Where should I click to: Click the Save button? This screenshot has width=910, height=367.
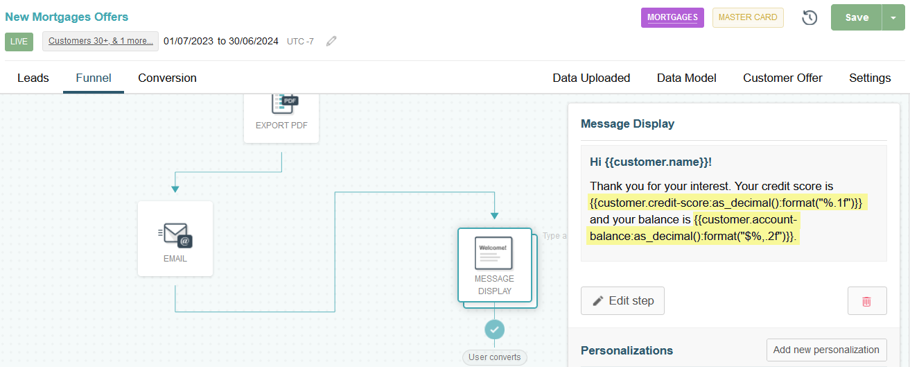click(x=857, y=17)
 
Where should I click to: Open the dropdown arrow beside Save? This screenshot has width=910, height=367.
click(x=893, y=17)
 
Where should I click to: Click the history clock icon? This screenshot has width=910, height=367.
click(x=810, y=17)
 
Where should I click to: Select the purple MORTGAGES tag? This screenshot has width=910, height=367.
click(x=672, y=17)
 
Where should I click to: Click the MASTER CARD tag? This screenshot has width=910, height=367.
click(x=748, y=17)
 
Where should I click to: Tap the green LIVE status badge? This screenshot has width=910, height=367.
click(x=19, y=42)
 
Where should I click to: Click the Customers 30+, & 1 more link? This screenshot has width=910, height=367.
click(x=100, y=41)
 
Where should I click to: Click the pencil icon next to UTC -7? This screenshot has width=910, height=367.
click(x=331, y=41)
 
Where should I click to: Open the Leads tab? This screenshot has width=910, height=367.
click(x=33, y=78)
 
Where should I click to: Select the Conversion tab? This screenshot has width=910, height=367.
click(x=167, y=78)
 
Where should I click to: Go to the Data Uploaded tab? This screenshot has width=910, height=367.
click(x=591, y=78)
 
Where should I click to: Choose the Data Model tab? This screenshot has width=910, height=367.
click(x=687, y=78)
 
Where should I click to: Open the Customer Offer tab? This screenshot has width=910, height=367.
click(x=782, y=78)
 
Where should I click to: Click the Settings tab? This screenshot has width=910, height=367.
click(x=870, y=78)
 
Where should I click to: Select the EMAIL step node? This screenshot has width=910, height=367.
click(x=175, y=239)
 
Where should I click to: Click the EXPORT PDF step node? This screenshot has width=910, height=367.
click(x=281, y=118)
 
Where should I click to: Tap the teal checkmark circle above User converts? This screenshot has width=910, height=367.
click(x=494, y=330)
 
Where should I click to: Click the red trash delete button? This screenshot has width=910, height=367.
click(x=867, y=301)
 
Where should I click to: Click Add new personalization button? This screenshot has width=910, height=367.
click(x=826, y=350)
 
